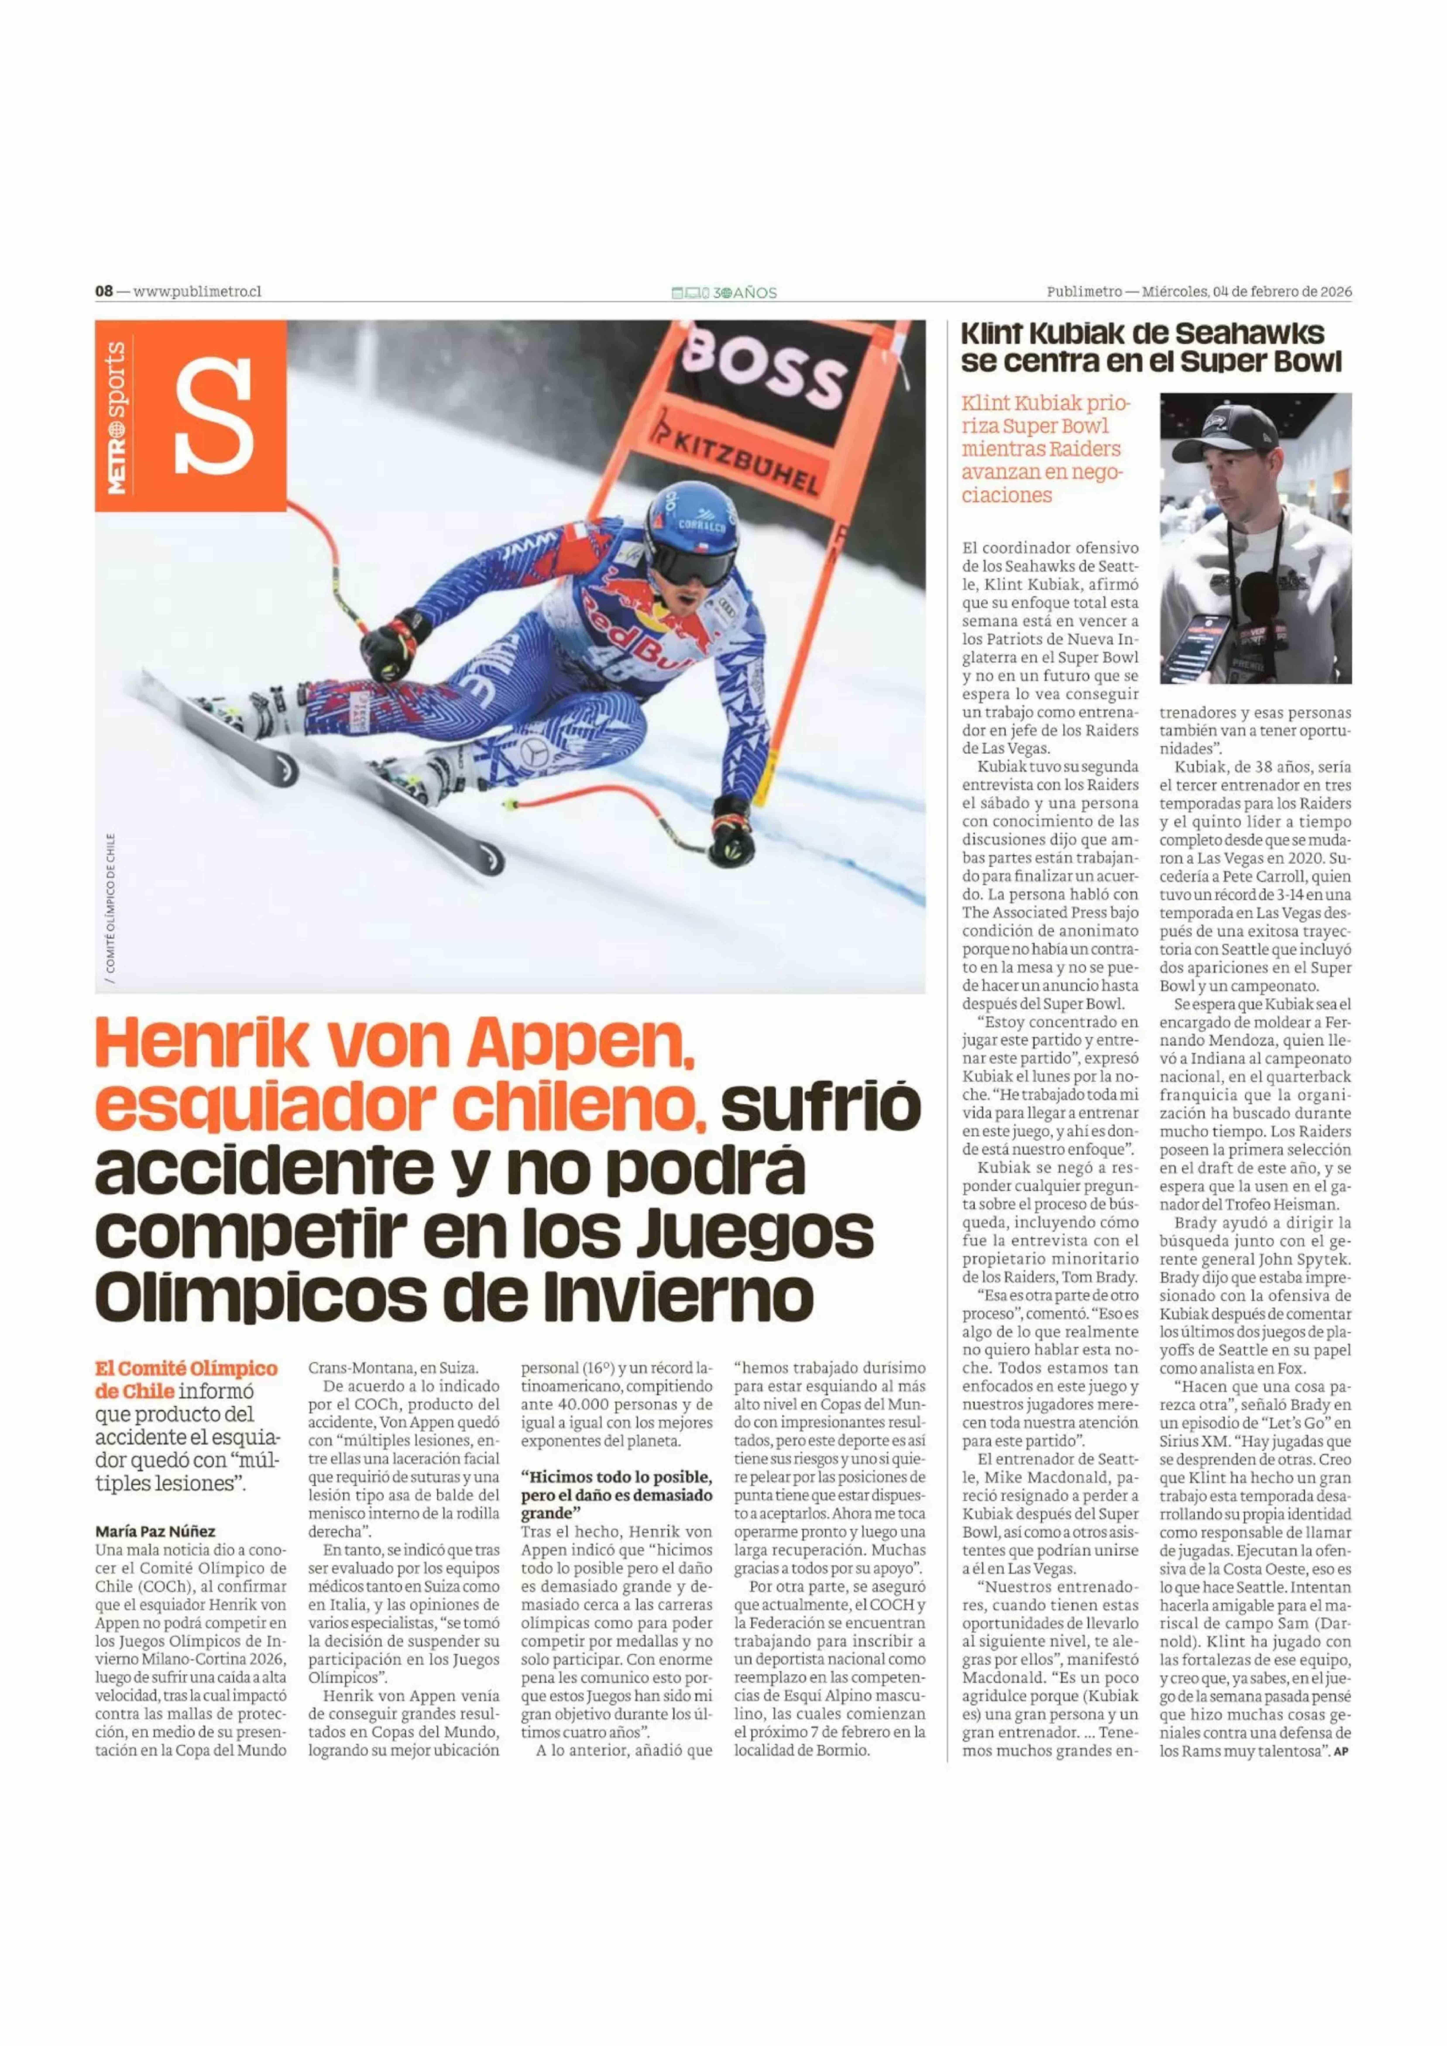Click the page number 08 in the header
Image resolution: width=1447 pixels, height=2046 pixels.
pos(104,291)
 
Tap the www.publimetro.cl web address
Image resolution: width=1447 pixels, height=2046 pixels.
pos(197,291)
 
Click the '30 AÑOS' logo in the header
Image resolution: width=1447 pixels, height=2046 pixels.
pos(724,292)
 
